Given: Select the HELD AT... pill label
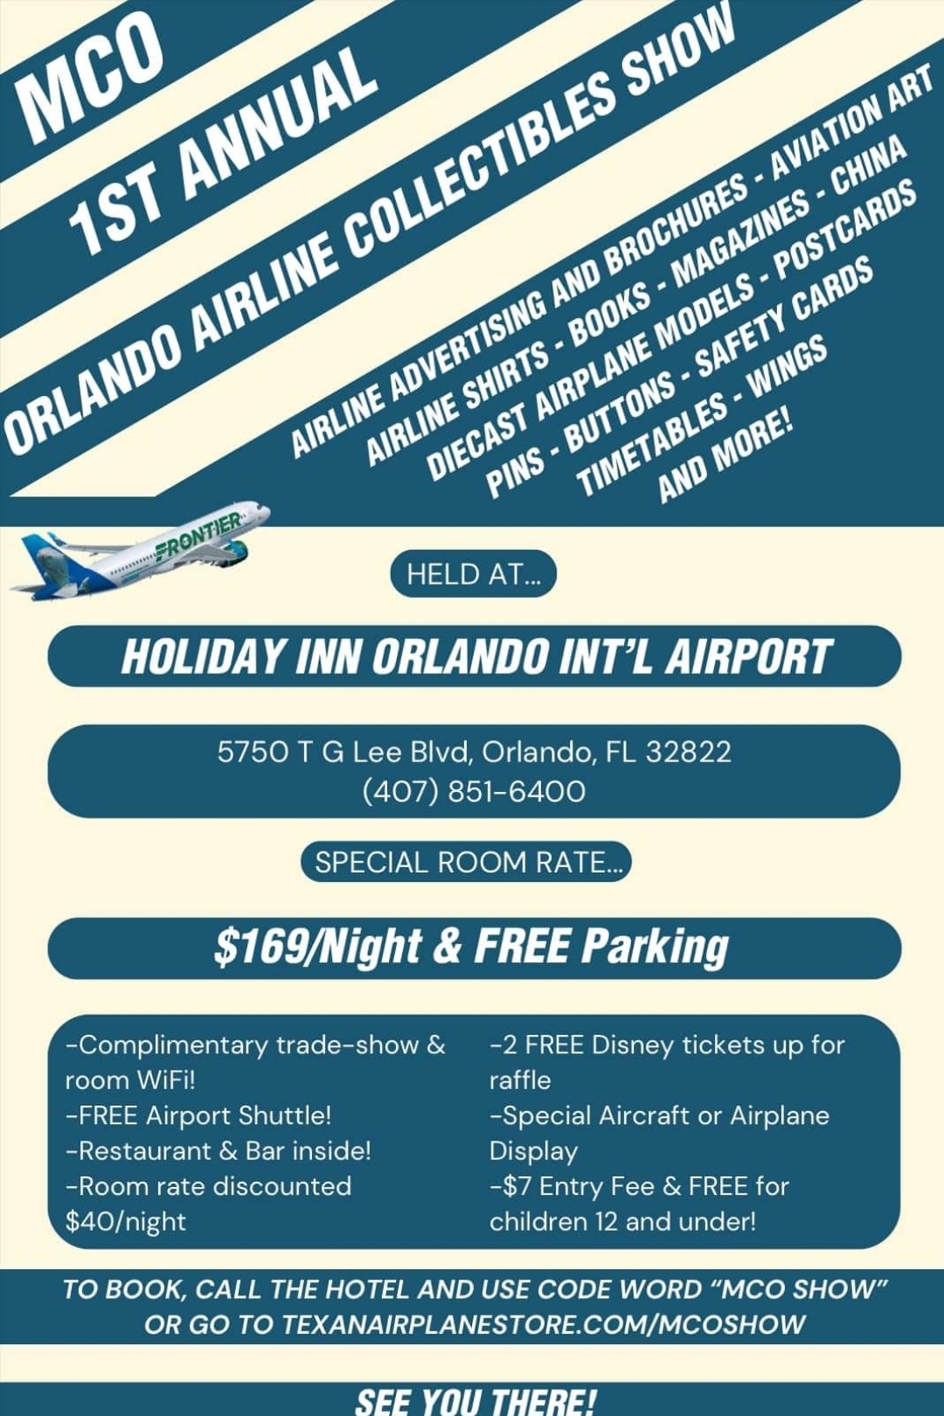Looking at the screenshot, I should pyautogui.click(x=473, y=574).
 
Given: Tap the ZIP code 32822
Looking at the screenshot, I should pyautogui.click(x=688, y=752).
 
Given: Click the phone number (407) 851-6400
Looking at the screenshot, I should pyautogui.click(x=474, y=791).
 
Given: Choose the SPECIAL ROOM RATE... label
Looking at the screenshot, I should pyautogui.click(x=468, y=863).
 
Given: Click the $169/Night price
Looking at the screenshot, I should pyautogui.click(x=318, y=947).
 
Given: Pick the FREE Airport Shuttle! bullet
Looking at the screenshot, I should pyautogui.click(x=199, y=1115).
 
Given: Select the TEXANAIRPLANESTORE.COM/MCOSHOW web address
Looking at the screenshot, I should pyautogui.click(x=543, y=1324).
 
